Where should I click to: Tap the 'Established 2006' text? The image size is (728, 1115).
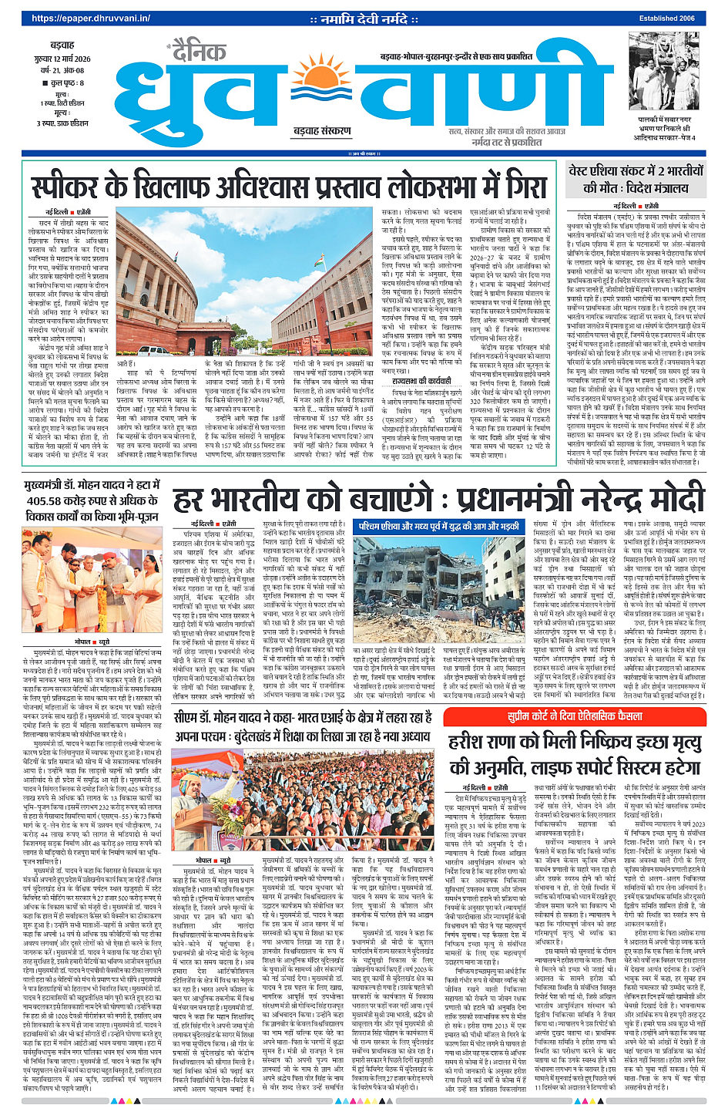coord(666,18)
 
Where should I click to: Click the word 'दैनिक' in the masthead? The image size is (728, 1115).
coord(199,52)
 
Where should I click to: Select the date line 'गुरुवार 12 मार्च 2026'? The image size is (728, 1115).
coord(62,59)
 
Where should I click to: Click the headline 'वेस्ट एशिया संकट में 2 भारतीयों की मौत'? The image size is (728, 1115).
coord(636,179)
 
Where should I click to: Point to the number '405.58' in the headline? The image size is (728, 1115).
coord(49,501)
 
